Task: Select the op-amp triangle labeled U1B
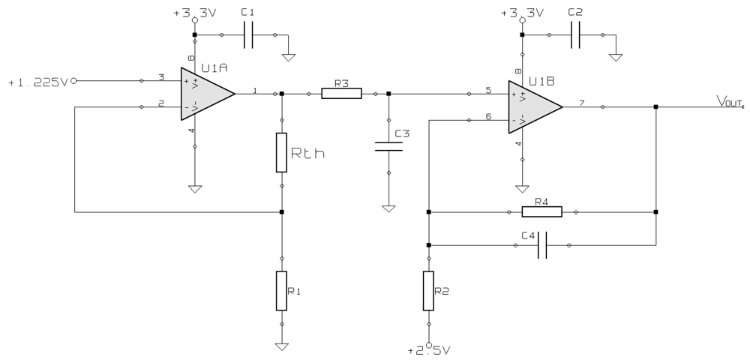click(531, 106)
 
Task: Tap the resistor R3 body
click(341, 94)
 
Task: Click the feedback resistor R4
click(542, 212)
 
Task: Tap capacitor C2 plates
click(575, 35)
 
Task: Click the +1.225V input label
click(37, 82)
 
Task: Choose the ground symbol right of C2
click(616, 56)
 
